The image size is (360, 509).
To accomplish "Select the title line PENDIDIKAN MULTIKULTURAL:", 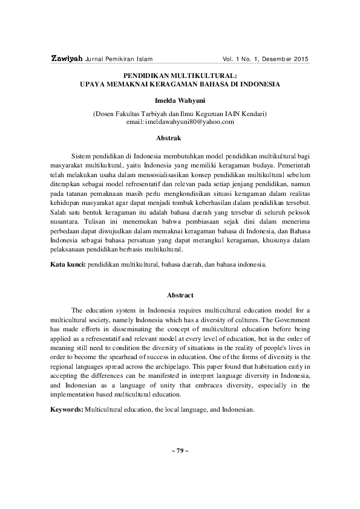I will pos(180,78).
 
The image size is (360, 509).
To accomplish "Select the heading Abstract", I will pos(180,295).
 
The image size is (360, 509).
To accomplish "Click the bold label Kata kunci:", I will pos(68,265).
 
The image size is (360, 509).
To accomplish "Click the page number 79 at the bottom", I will pos(180,452).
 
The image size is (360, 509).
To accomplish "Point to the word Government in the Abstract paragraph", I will pos(292,319).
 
